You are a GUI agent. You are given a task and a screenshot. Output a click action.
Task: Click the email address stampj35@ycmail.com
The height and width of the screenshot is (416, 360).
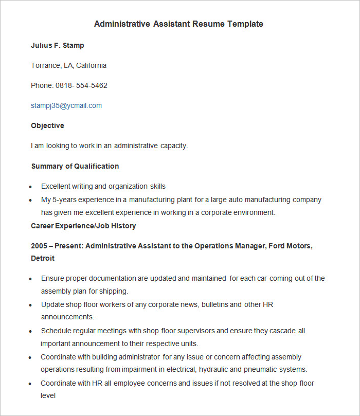pos(66,105)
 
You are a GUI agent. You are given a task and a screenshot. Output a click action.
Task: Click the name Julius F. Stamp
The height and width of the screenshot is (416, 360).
pos(58,45)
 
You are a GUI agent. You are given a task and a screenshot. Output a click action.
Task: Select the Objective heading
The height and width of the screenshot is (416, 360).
pos(47,125)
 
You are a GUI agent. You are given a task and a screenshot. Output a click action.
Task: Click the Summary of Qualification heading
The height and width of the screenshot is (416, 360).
pos(75,166)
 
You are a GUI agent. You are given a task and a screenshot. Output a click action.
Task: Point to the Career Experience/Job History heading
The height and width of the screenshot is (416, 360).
pos(83,226)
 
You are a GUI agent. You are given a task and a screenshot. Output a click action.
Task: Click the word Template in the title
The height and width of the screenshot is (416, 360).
pos(245,24)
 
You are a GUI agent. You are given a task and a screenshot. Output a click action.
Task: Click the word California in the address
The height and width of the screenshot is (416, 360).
pos(92,65)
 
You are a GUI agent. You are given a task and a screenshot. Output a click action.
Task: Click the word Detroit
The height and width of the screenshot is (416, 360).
pos(43,258)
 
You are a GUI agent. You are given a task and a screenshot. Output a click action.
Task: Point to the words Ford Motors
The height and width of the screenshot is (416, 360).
pos(289,246)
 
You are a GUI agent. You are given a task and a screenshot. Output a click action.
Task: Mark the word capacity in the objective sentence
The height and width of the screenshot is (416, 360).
pos(173,146)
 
